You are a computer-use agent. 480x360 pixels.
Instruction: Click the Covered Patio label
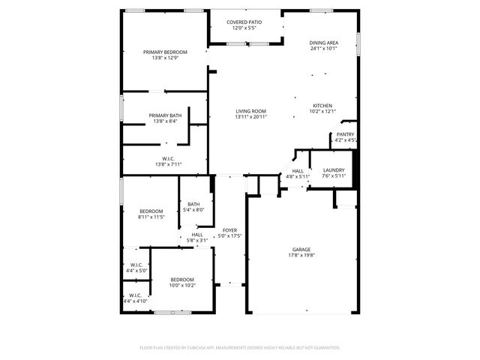pos(245,22)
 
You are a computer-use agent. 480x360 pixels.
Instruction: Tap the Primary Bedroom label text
pos(165,52)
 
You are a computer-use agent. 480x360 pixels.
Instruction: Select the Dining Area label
pos(323,43)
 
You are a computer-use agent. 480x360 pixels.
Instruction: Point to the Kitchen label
pos(322,105)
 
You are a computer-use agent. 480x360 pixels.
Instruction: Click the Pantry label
pos(345,134)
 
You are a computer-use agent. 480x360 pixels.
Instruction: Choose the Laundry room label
pos(334,170)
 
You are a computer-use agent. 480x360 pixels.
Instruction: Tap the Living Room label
pos(250,111)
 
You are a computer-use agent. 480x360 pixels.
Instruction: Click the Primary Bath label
pos(164,115)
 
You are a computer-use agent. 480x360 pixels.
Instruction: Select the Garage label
pos(301,249)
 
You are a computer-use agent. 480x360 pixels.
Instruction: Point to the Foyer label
pos(229,230)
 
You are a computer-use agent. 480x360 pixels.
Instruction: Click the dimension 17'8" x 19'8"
pos(301,255)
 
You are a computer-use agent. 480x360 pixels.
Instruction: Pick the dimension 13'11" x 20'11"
pos(250,117)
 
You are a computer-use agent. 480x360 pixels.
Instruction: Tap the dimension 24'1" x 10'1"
pos(323,49)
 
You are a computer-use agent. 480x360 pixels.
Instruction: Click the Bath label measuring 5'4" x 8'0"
pos(193,205)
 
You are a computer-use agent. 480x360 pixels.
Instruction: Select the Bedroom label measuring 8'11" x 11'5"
pos(151,211)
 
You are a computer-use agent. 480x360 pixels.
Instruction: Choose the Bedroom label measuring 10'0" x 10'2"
pos(181,279)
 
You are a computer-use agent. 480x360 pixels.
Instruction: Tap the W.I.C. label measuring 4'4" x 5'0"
pos(136,264)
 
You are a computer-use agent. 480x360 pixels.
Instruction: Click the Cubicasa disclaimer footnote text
pos(240,347)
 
